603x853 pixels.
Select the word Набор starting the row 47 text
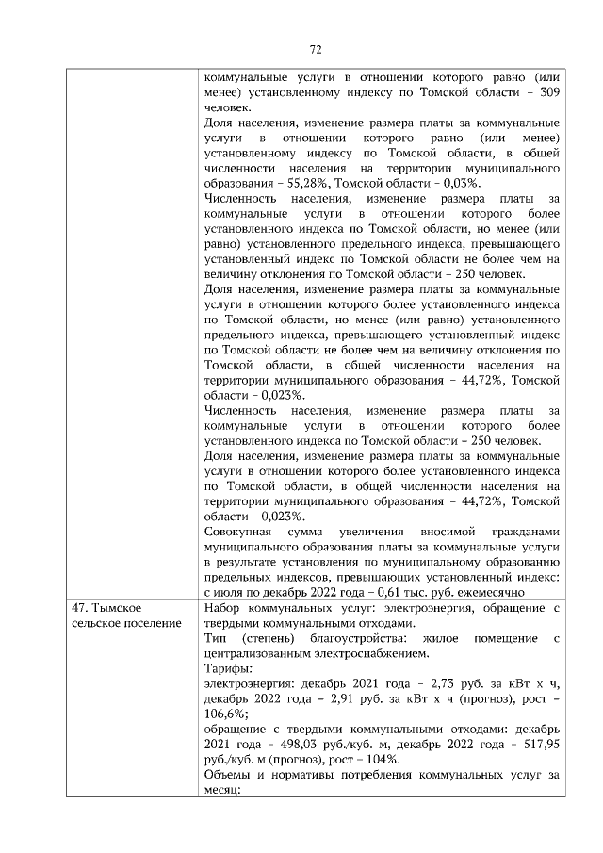[x=224, y=608]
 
